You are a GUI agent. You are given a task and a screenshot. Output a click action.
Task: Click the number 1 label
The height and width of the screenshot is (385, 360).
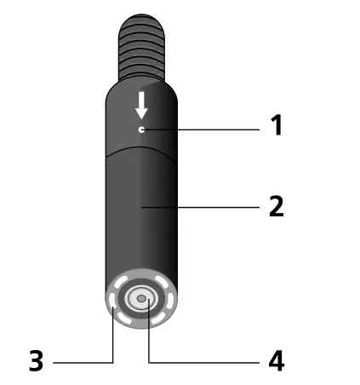tap(275, 127)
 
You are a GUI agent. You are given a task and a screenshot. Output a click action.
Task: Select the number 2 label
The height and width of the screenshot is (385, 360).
tap(275, 206)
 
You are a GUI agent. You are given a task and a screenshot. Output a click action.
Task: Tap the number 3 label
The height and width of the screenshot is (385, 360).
tap(35, 361)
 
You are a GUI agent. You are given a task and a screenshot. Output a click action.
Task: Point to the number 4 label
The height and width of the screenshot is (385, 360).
tap(275, 361)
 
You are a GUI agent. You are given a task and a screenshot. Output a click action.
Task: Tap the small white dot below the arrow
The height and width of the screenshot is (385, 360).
tap(142, 129)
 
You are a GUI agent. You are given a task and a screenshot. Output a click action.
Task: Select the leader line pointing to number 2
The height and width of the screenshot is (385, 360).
tap(204, 206)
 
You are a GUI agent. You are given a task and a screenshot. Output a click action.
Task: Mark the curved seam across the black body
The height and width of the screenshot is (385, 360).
tap(142, 148)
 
